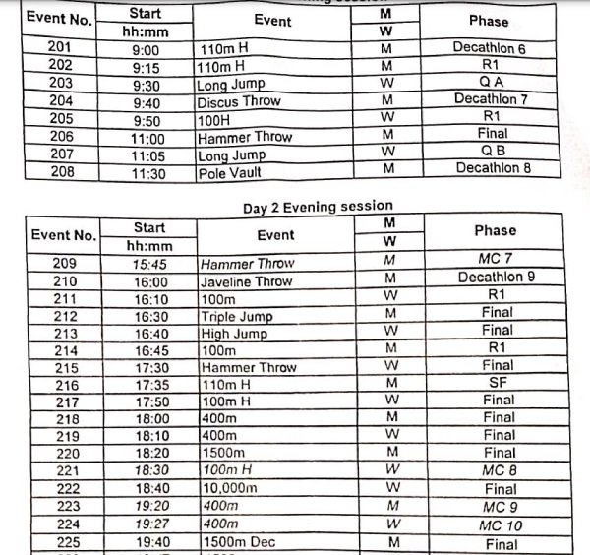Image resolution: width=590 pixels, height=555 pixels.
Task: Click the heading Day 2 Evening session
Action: point(317,206)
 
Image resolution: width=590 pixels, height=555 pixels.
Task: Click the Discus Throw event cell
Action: point(239,100)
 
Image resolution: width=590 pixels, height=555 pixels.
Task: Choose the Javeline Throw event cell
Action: point(246,281)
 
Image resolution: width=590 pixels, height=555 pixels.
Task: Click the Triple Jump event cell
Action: point(236,316)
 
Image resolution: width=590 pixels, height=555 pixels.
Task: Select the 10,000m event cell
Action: point(228,488)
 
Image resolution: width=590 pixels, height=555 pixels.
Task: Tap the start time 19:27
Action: point(149,524)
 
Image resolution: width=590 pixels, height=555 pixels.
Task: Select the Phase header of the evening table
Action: point(495,230)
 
